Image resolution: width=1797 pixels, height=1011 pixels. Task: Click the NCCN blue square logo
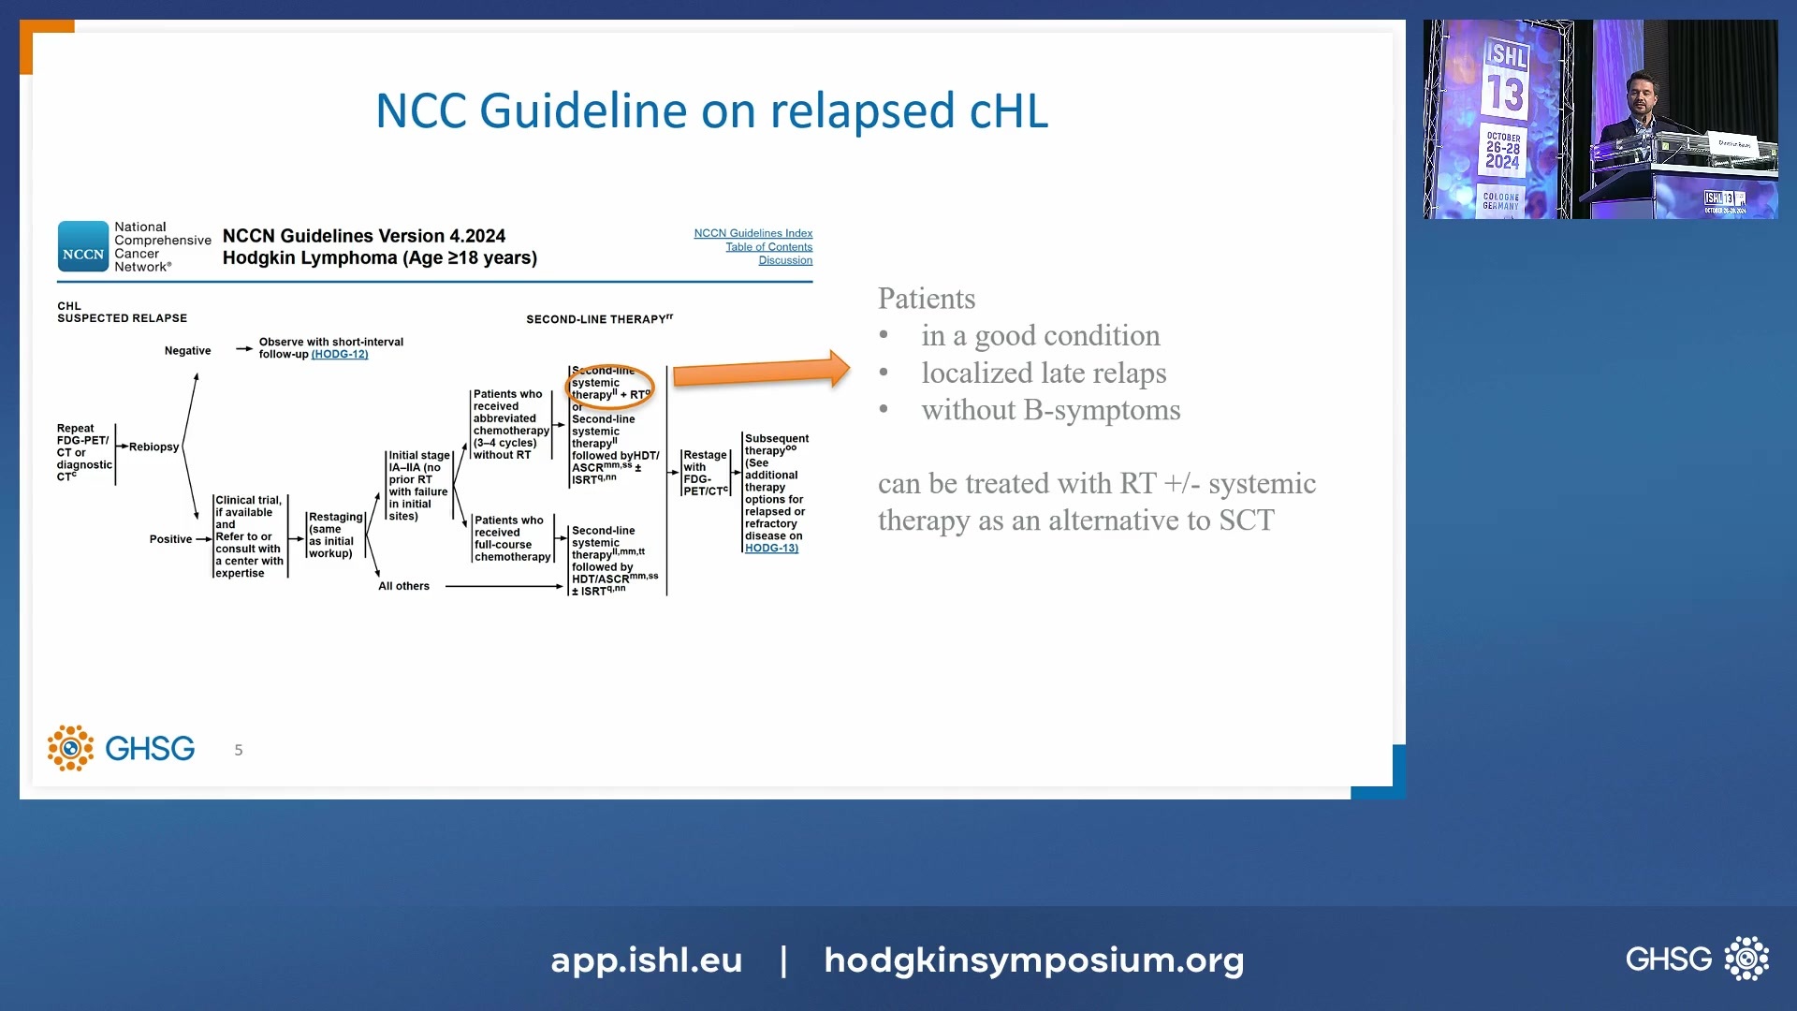pyautogui.click(x=83, y=246)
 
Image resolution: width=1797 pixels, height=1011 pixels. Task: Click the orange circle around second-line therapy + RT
pyautogui.click(x=610, y=386)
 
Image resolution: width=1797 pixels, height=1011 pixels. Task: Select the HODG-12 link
pyautogui.click(x=340, y=355)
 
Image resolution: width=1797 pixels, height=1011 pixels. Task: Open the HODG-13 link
pyautogui.click(x=771, y=549)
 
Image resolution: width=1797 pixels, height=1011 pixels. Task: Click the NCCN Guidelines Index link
pyautogui.click(x=752, y=233)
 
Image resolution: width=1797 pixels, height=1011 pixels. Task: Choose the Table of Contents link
pyautogui.click(x=768, y=247)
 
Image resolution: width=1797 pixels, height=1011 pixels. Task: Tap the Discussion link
pyautogui.click(x=784, y=260)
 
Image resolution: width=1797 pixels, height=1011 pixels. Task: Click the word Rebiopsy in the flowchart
pyautogui.click(x=153, y=447)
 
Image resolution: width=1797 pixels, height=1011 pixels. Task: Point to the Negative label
pyautogui.click(x=187, y=351)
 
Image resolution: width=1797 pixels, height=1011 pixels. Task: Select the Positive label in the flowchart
pyautogui.click(x=170, y=539)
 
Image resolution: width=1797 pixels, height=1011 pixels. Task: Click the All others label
pyautogui.click(x=403, y=587)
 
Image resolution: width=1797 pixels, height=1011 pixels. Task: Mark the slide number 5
pyautogui.click(x=239, y=750)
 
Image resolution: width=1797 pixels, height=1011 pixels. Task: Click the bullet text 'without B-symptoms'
pyautogui.click(x=1050, y=410)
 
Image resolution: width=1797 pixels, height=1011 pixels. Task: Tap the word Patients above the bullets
pyautogui.click(x=926, y=299)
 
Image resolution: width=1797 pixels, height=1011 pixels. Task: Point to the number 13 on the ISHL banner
pyautogui.click(x=1505, y=94)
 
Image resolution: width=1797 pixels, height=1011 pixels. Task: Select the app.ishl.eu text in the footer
pyautogui.click(x=646, y=960)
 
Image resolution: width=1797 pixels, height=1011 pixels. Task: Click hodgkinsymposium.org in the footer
pyautogui.click(x=1033, y=960)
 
